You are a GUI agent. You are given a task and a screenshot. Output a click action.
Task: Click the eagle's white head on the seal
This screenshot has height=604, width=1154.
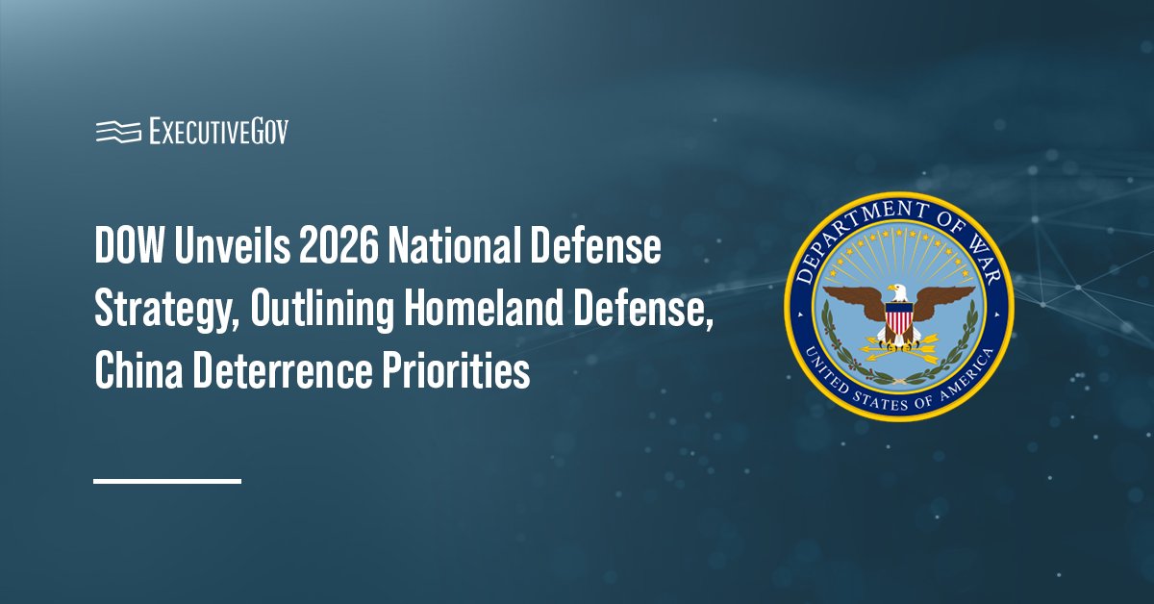point(896,290)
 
